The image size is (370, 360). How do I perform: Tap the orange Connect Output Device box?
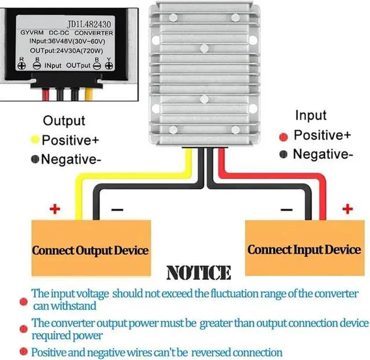pyautogui.click(x=90, y=250)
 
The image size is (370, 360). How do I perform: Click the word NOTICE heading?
pyautogui.click(x=198, y=273)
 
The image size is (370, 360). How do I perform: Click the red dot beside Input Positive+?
pyautogui.click(x=284, y=136)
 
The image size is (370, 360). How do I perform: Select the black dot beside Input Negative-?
pyautogui.click(x=284, y=154)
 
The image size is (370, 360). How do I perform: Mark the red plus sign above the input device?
pyautogui.click(x=347, y=208)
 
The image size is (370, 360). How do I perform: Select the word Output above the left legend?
pyautogui.click(x=64, y=121)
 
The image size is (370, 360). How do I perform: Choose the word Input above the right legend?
pyautogui.click(x=310, y=116)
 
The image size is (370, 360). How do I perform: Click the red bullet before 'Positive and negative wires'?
pyautogui.click(x=24, y=351)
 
